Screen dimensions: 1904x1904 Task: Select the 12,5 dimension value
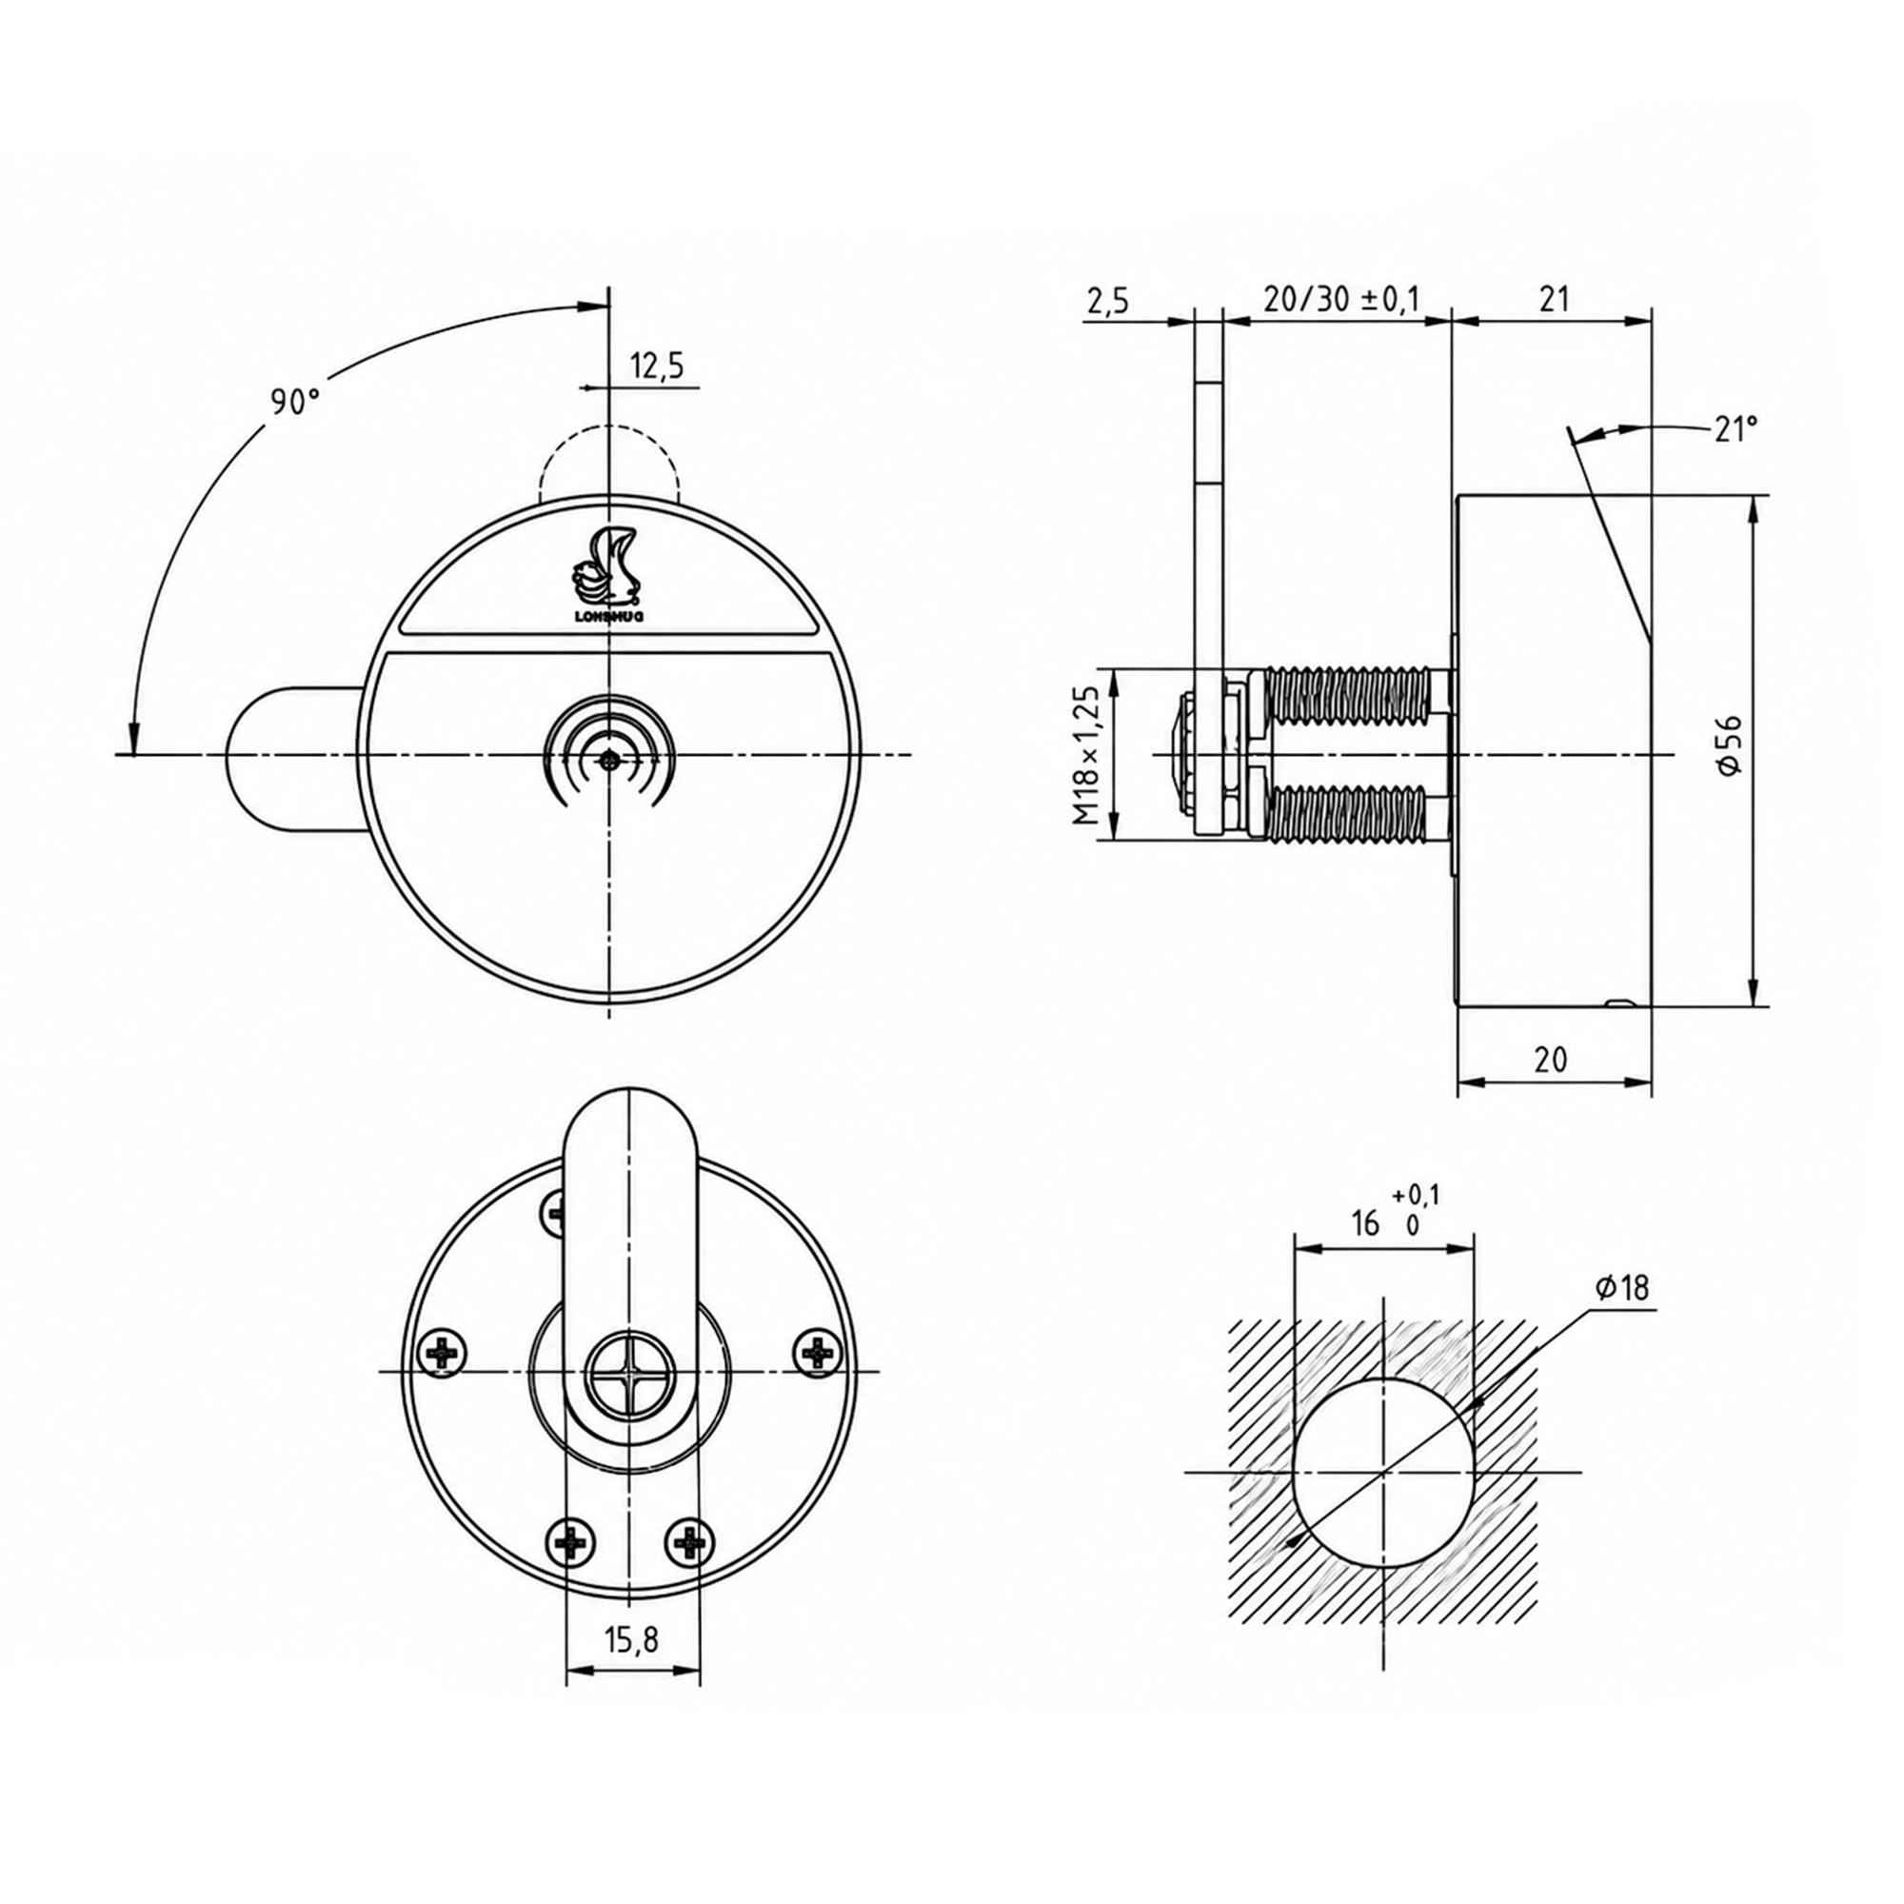(x=657, y=366)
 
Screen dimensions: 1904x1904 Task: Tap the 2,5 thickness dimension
(x=1109, y=301)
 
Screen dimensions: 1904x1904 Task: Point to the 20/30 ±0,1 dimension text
(x=1340, y=299)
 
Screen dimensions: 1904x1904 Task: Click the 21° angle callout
(x=1735, y=428)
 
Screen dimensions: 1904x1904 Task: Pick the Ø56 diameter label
(x=1732, y=744)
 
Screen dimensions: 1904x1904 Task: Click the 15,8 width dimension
(x=632, y=1639)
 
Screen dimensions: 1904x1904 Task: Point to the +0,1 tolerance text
(x=1417, y=1195)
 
